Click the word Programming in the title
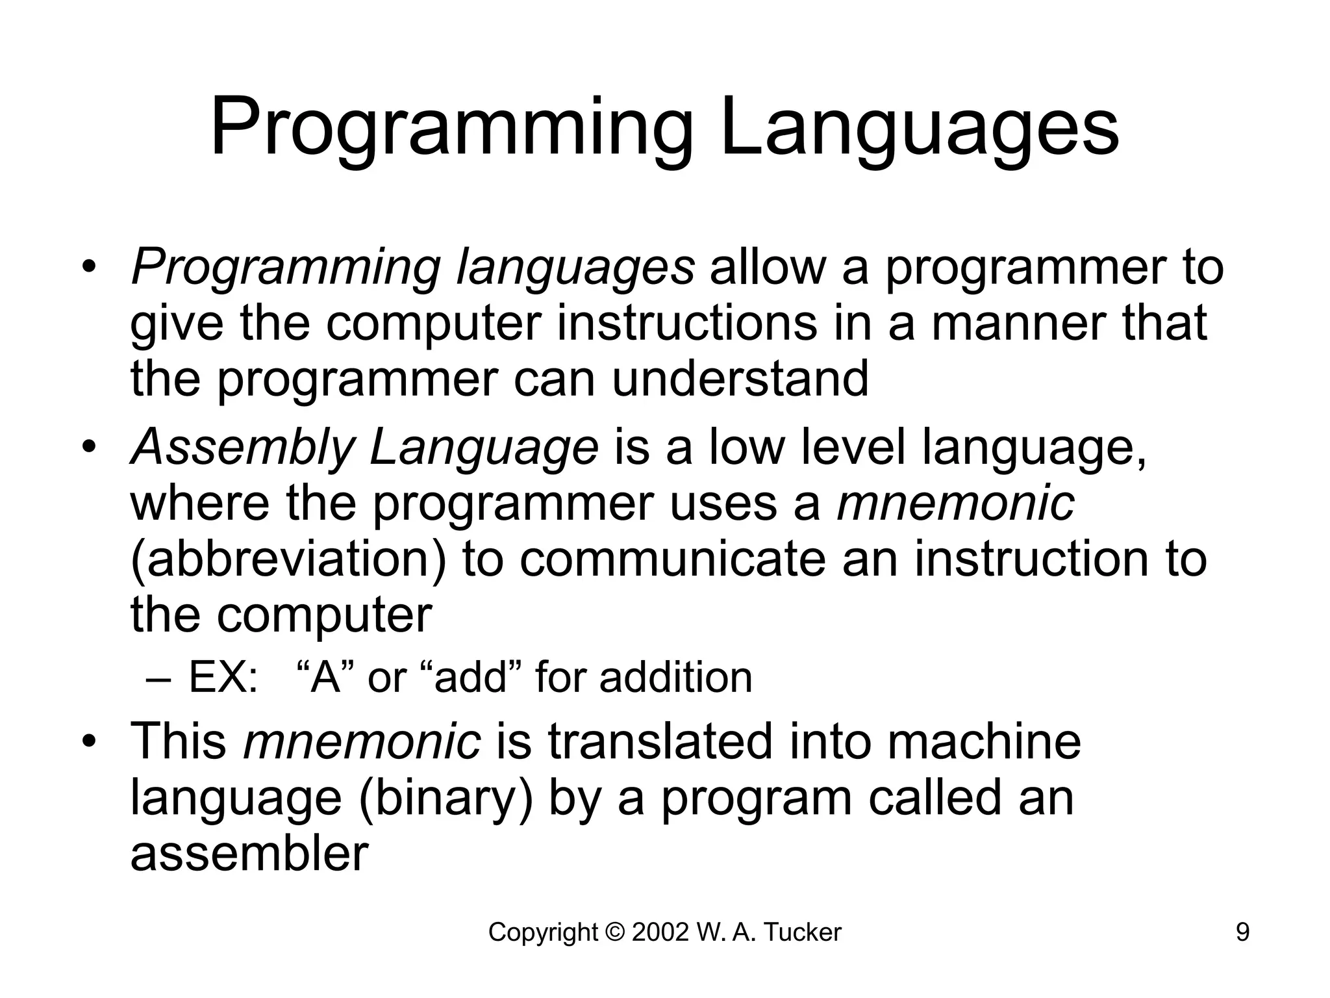click(451, 128)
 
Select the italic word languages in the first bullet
click(575, 268)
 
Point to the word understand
click(740, 379)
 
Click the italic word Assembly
click(242, 447)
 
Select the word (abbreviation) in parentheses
click(288, 559)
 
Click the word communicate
click(672, 559)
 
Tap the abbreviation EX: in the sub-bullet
click(223, 678)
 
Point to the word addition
click(675, 678)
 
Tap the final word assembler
click(249, 854)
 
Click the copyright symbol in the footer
click(614, 933)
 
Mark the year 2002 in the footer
click(660, 933)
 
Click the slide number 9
click(1242, 933)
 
